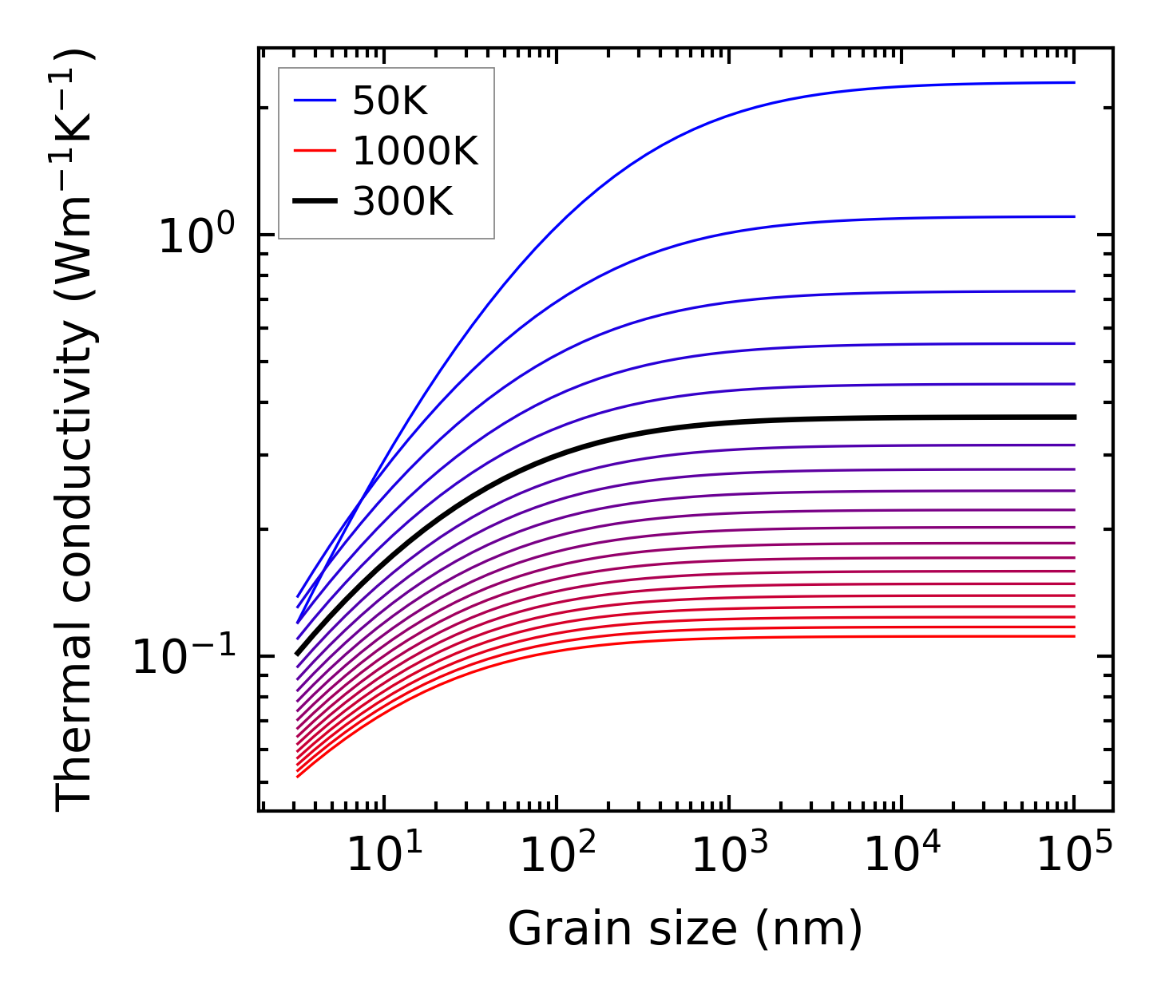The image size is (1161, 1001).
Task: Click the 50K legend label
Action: point(390,101)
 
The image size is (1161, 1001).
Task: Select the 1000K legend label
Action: point(415,151)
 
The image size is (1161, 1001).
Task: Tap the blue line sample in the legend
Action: point(316,101)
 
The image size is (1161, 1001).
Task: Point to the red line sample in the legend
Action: point(316,151)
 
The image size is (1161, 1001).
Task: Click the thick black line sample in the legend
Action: point(316,201)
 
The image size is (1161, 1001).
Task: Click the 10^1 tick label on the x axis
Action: point(385,854)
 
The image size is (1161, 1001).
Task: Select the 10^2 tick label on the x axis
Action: point(557,854)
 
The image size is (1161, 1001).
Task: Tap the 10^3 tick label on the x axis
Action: point(730,854)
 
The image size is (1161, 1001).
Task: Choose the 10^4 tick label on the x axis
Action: point(902,854)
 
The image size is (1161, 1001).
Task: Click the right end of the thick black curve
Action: point(1075,417)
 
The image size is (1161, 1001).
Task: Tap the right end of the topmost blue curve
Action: point(1075,82)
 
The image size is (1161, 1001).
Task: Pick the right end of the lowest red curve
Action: point(1075,636)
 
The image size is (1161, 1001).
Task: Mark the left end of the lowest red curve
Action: point(297,777)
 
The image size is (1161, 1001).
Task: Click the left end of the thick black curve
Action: point(297,654)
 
